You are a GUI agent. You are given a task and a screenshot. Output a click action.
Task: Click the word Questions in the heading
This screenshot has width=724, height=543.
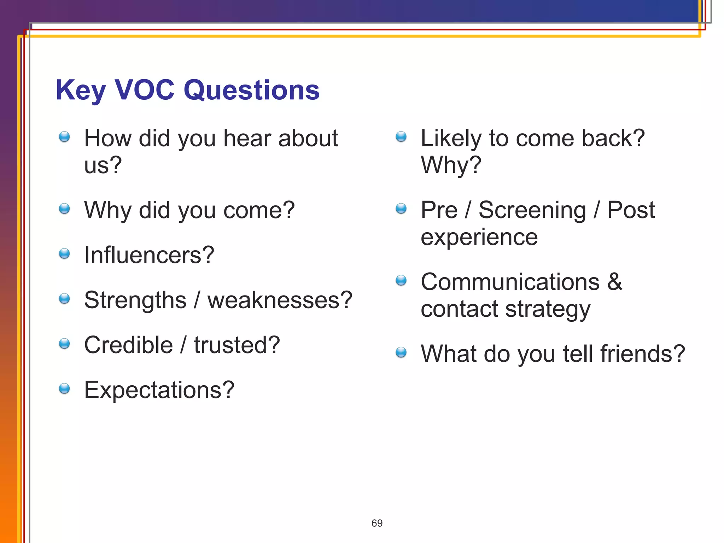pyautogui.click(x=251, y=90)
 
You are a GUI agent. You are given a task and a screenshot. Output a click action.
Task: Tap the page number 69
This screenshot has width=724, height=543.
pyautogui.click(x=377, y=523)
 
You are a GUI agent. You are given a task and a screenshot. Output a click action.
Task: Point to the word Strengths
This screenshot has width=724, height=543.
pyautogui.click(x=135, y=300)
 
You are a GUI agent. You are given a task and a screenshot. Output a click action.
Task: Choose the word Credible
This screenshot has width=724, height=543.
pyautogui.click(x=128, y=345)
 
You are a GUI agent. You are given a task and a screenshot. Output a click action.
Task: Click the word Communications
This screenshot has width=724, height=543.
pyautogui.click(x=510, y=282)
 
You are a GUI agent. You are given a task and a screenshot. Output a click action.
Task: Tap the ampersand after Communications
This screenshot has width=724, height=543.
pyautogui.click(x=615, y=282)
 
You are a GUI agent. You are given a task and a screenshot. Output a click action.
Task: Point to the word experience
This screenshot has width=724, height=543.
pyautogui.click(x=479, y=237)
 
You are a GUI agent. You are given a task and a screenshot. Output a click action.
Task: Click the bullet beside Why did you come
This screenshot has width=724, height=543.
pyautogui.click(x=64, y=209)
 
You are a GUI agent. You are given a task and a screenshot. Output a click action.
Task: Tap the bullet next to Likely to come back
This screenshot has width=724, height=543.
pyautogui.click(x=401, y=136)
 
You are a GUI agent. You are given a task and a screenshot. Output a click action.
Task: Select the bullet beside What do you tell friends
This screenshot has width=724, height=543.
pyautogui.click(x=401, y=352)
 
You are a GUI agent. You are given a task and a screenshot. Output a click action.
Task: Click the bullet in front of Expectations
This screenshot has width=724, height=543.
pyautogui.click(x=64, y=389)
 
